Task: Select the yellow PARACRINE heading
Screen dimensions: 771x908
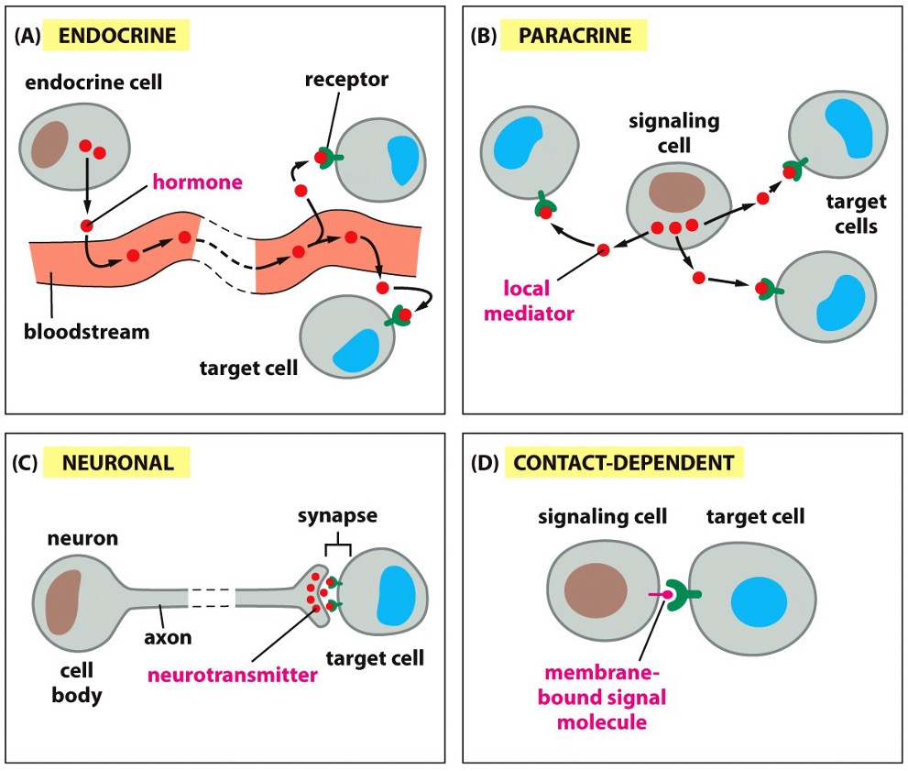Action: [574, 36]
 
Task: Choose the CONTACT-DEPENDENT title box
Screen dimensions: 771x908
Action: [624, 462]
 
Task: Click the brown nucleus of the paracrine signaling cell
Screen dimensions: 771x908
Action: [676, 192]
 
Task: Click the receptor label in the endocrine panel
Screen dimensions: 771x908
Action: [346, 80]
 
